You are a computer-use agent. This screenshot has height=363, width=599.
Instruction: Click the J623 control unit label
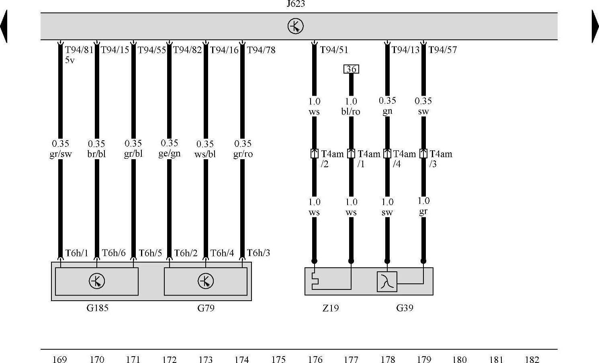296,4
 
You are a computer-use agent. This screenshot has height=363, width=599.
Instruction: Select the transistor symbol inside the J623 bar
296,26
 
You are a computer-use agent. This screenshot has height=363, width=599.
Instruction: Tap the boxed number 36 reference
351,69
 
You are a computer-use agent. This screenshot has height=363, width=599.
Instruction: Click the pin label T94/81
79,50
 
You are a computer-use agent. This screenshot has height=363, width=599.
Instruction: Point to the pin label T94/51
334,50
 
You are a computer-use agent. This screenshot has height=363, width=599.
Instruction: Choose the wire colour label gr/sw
61,154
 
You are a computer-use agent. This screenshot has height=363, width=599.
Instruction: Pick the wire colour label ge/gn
169,154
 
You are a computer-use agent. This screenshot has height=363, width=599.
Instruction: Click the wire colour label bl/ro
351,111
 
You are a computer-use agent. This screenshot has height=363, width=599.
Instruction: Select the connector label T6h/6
114,253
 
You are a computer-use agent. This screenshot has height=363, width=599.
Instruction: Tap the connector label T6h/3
258,253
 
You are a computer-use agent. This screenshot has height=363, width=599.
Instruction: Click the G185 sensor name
98,308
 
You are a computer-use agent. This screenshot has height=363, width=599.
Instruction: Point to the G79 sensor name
206,308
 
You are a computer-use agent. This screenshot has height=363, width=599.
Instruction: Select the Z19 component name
331,308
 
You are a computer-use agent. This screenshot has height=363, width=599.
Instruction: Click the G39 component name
405,308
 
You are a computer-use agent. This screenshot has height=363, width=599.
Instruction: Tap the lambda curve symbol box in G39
387,281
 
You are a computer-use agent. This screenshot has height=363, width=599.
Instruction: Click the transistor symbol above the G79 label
206,281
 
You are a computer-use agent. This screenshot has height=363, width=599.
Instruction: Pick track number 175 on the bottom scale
278,359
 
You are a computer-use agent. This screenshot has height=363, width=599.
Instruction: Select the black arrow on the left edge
4,27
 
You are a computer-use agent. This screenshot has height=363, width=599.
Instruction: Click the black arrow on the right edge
595,27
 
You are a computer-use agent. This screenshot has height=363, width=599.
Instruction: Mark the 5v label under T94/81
70,60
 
